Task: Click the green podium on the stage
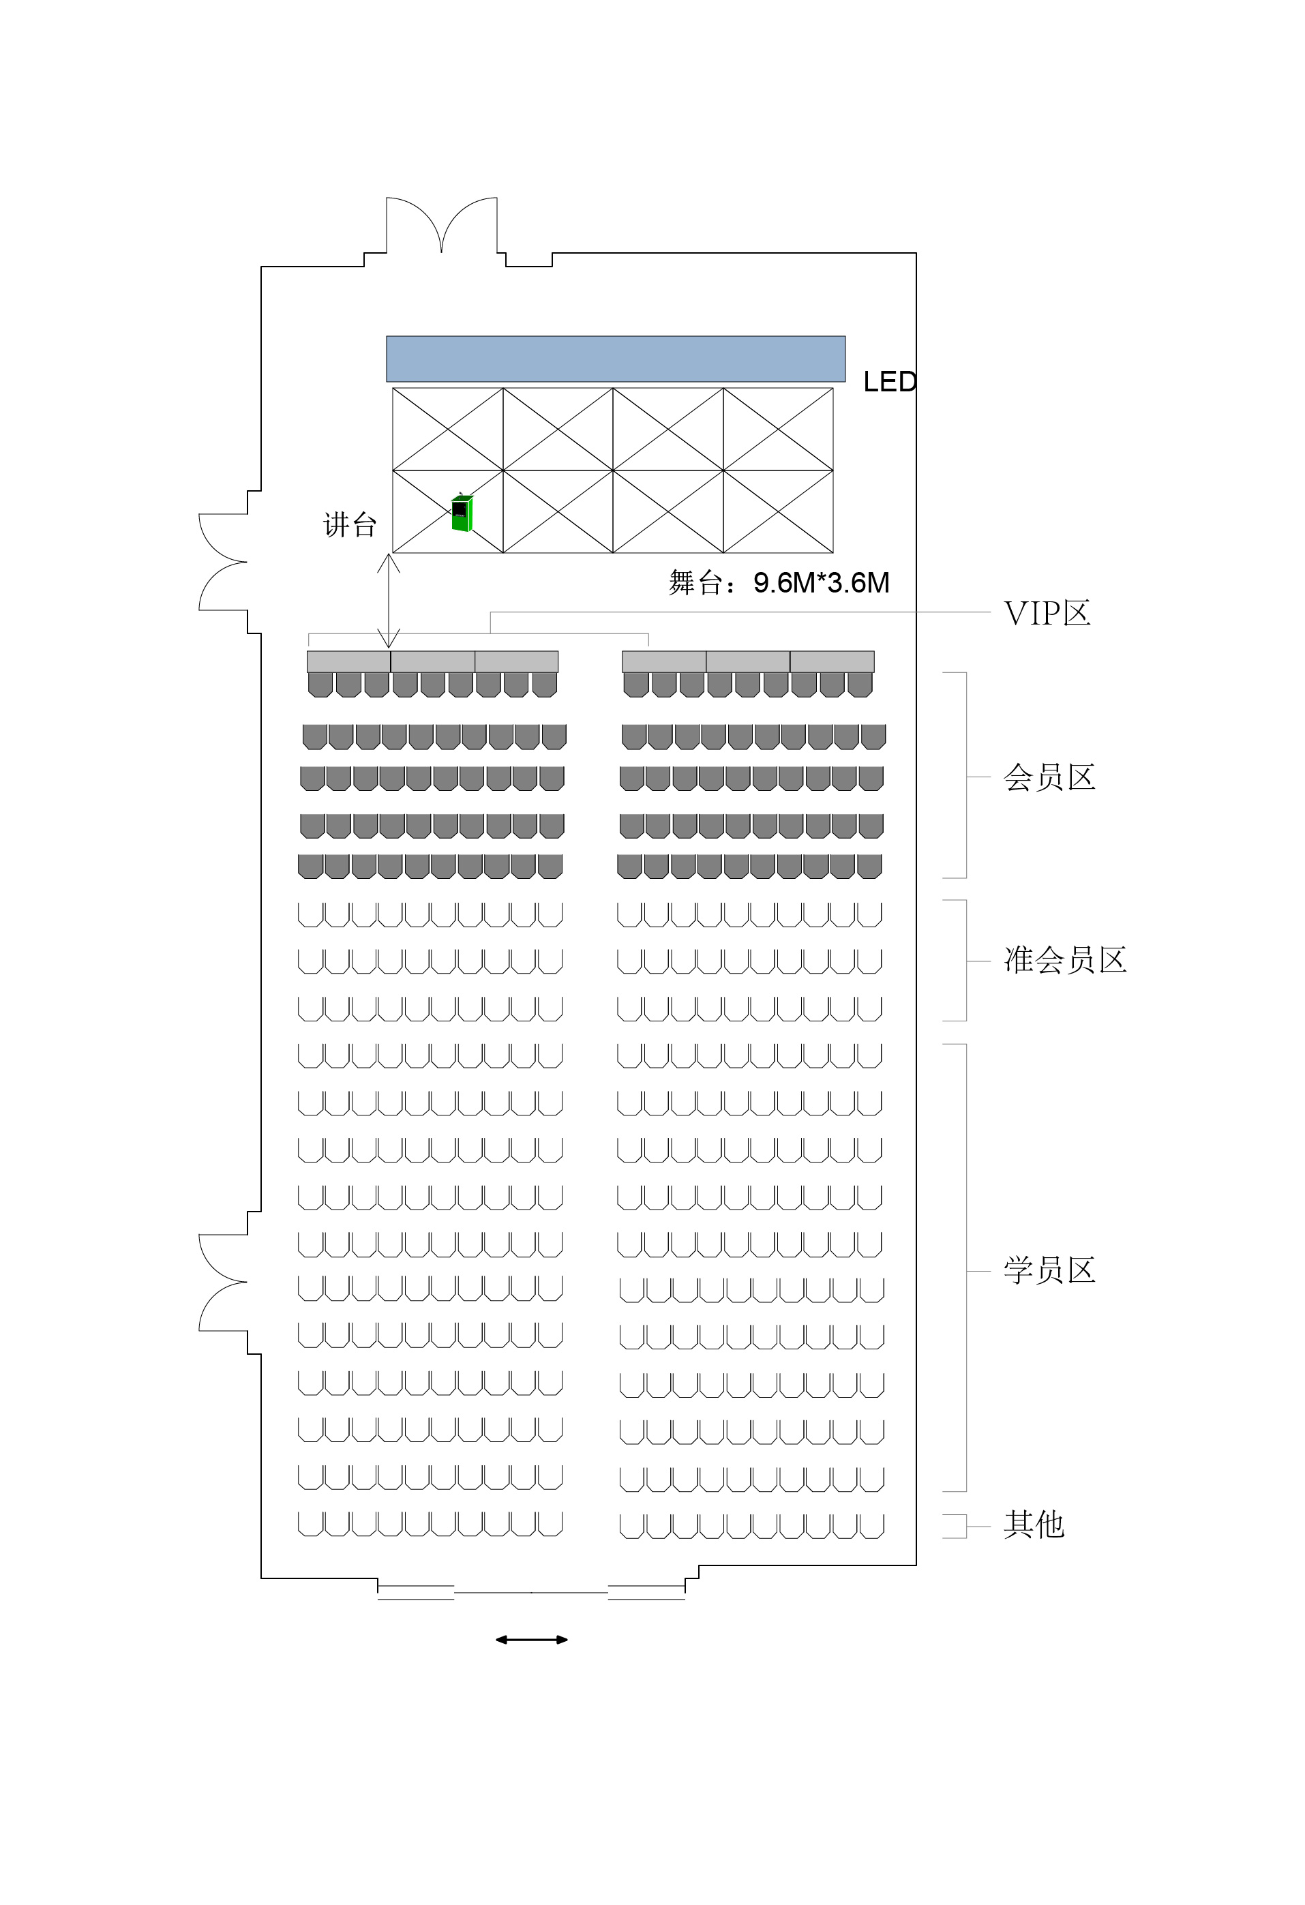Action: (462, 512)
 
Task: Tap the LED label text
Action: (889, 382)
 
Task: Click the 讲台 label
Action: (350, 524)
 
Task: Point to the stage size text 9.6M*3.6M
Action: (822, 583)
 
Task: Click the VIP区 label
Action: (1047, 613)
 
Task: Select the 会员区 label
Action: (1049, 777)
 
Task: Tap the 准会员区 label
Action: (1065, 959)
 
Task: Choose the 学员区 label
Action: (1049, 1270)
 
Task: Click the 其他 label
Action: (1034, 1524)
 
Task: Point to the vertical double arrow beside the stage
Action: (389, 601)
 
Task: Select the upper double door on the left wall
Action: (224, 562)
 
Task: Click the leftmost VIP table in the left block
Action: (348, 661)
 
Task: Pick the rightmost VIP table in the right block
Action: (832, 661)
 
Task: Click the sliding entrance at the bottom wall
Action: (531, 1592)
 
